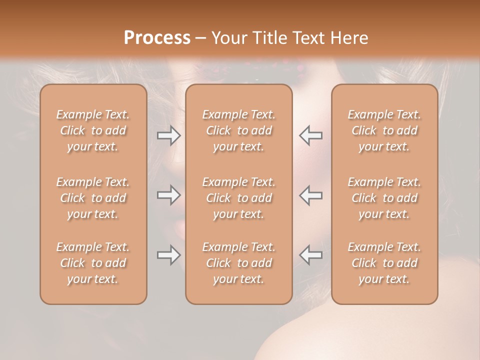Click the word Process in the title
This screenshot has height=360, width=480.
(157, 38)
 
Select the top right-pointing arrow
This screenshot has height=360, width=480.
(168, 135)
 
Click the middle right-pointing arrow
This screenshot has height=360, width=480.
(168, 195)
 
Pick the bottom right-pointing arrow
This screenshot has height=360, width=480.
(168, 255)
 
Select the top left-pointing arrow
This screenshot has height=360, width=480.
(310, 135)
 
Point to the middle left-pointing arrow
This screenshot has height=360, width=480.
(310, 195)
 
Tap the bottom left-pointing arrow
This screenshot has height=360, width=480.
(310, 255)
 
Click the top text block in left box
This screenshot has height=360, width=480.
(93, 130)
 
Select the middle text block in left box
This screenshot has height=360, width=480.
(93, 198)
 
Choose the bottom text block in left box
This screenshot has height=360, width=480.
(93, 263)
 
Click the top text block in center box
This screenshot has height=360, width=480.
(239, 130)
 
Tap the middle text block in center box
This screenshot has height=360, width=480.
(239, 198)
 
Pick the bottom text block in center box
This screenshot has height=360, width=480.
(239, 263)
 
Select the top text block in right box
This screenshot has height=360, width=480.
(384, 130)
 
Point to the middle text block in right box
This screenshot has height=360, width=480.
(384, 198)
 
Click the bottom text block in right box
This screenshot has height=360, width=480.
(384, 263)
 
